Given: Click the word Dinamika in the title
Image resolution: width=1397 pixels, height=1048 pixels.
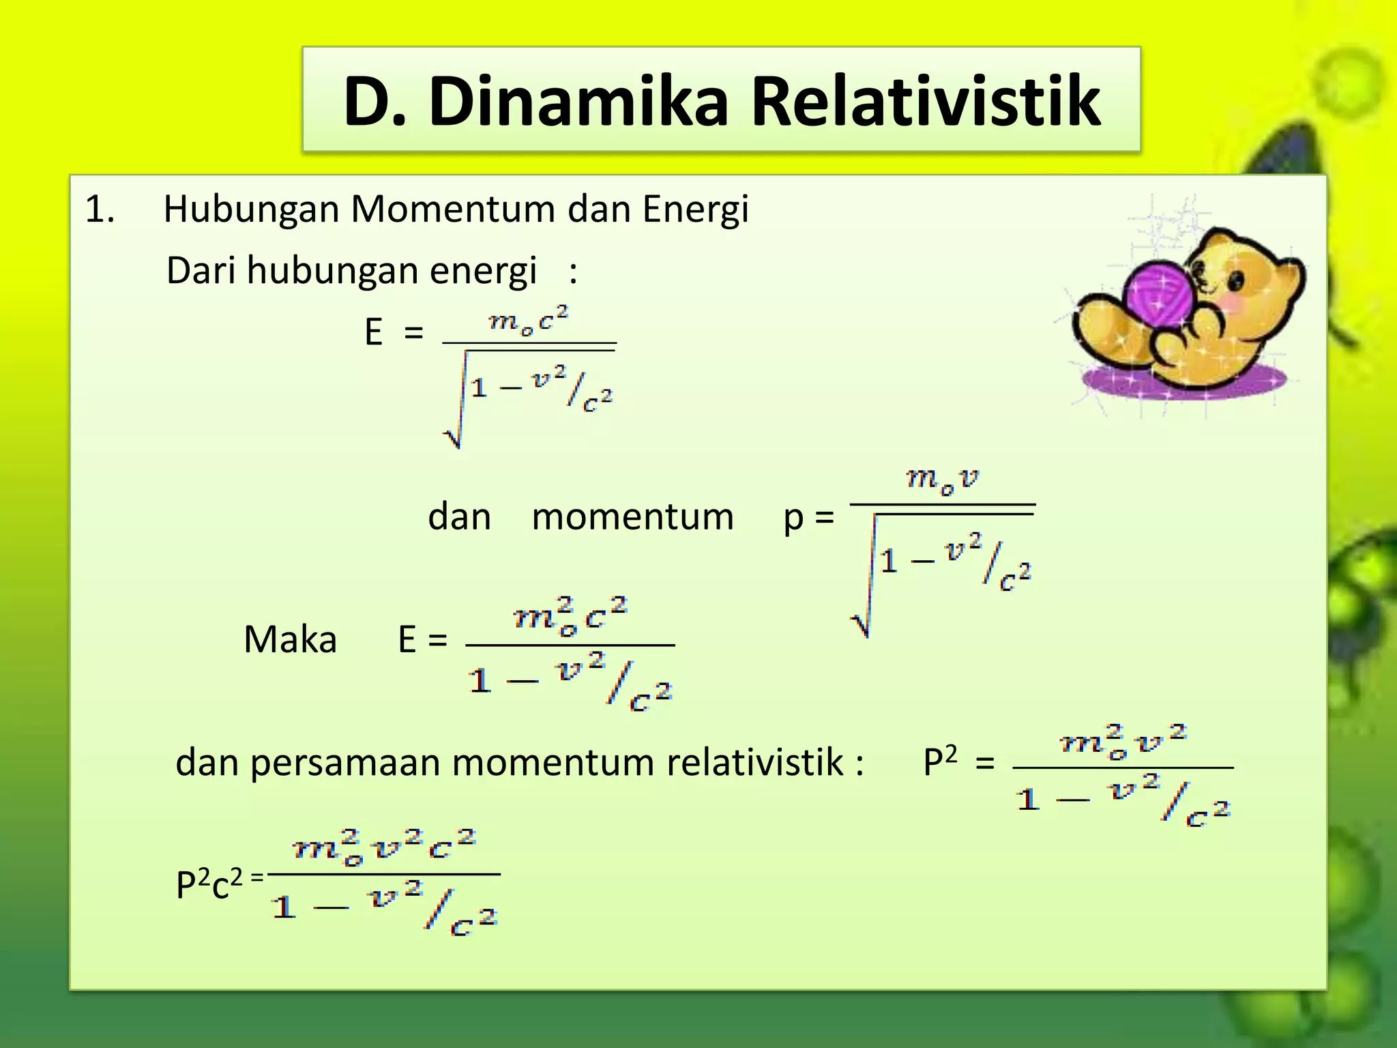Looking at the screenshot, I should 578,102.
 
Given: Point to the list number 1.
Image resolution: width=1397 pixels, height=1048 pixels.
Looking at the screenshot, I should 100,209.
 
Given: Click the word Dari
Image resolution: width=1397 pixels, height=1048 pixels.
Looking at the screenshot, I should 201,270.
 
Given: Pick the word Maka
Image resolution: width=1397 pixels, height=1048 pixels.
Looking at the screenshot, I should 290,640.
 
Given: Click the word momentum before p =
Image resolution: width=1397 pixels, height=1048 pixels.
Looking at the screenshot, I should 632,516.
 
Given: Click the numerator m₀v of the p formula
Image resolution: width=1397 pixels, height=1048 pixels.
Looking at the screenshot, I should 942,480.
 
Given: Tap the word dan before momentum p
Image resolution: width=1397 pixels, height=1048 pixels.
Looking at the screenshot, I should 459,516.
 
